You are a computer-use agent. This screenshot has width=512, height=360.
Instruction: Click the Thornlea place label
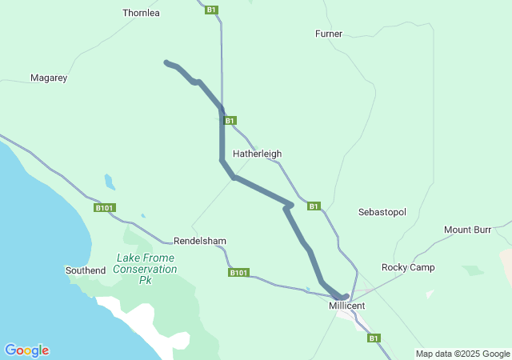[142, 13]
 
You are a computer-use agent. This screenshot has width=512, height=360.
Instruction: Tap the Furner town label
[329, 34]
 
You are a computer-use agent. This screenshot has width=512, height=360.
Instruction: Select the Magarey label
[49, 78]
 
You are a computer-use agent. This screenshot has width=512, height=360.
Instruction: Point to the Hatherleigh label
[257, 154]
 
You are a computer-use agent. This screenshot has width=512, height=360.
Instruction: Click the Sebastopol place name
[382, 212]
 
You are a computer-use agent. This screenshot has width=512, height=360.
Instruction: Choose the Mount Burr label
[468, 230]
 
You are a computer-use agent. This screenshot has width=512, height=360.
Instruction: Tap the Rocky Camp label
[408, 267]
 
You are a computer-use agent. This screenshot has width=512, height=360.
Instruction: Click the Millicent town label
[346, 306]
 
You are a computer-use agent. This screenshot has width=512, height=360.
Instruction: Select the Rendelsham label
[200, 241]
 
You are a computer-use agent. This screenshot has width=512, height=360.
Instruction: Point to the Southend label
[85, 270]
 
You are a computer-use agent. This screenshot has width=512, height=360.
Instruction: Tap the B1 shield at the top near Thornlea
[211, 10]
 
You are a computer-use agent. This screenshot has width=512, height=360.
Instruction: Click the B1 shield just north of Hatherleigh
[230, 121]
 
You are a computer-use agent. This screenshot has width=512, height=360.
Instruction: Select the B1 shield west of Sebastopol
[314, 206]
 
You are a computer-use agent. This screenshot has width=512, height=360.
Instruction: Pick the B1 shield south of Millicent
[374, 338]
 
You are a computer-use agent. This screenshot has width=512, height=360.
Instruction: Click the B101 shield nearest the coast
[105, 208]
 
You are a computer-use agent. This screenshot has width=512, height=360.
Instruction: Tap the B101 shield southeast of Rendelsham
[238, 273]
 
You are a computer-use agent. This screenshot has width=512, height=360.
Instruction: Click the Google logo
[26, 350]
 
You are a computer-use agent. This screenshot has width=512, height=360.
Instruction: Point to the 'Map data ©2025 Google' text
[462, 354]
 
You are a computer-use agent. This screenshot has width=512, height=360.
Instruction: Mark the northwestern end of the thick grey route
[166, 62]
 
